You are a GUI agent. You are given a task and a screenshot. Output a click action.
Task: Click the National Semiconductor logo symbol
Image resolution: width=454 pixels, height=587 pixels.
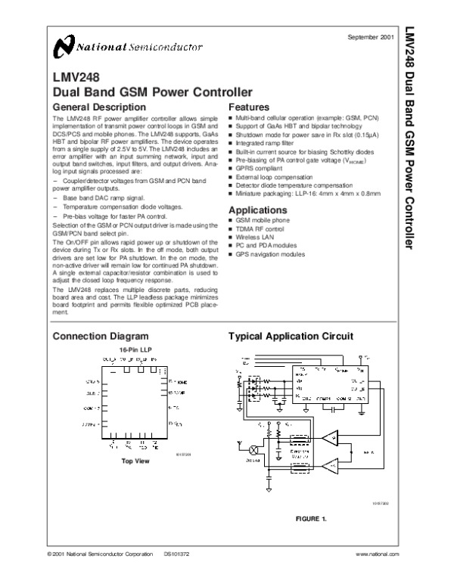(62, 49)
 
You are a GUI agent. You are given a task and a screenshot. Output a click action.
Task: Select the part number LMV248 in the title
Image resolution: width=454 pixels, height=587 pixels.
(74, 76)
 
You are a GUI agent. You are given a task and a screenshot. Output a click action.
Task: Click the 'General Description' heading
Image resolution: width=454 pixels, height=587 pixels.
(95, 107)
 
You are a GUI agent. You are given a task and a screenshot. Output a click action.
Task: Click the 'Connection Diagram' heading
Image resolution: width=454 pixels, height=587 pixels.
(100, 335)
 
